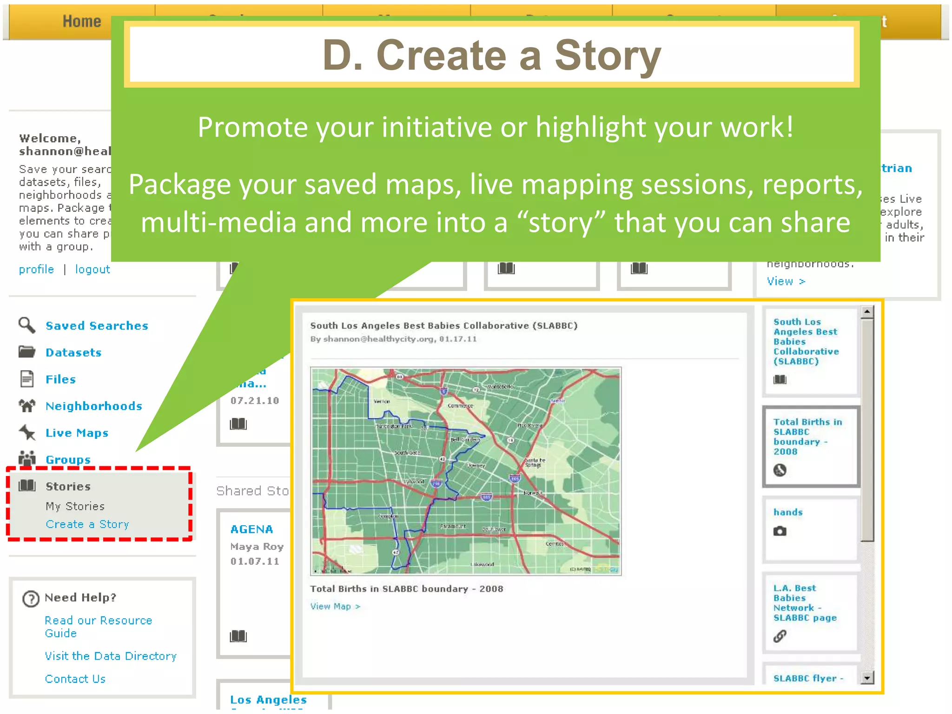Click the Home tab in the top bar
pos(82,21)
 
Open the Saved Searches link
pos(97,326)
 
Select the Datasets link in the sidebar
pos(73,353)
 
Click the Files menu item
pos(60,380)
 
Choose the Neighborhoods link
pos(94,406)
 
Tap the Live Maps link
pos(77,433)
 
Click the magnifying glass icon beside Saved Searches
pos(27,325)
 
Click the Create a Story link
pos(87,524)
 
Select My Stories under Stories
pos(75,506)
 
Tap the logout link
pos(93,270)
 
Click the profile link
pos(36,270)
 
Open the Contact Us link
pos(75,679)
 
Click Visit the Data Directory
pos(111,656)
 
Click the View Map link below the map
pos(335,607)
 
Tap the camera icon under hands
pos(780,531)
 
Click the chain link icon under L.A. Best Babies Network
pos(780,636)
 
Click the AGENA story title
pos(251,529)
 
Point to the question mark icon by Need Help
pos(31,599)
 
